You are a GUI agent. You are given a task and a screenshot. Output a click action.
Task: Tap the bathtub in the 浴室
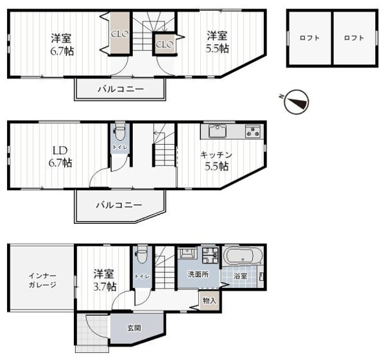243,255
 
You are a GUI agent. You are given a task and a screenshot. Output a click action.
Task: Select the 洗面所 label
198,275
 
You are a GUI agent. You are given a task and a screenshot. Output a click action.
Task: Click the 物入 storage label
209,300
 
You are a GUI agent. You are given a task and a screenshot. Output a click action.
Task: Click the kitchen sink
215,132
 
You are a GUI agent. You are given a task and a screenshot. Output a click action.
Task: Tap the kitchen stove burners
251,132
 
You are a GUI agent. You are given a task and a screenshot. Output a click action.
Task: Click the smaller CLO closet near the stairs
163,45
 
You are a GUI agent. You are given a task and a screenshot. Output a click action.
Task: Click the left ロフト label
309,38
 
